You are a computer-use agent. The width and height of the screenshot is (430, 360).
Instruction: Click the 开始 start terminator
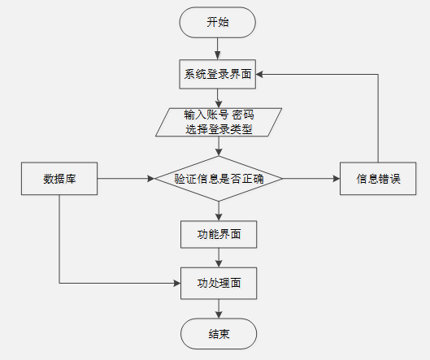[218, 23]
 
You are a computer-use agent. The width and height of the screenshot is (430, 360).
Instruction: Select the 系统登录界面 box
[218, 74]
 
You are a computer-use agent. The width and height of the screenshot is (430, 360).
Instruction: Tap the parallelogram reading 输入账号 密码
[219, 122]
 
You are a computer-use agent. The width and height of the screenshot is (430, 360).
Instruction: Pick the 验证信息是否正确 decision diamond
[219, 179]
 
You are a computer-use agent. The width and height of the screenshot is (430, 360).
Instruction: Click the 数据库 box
[59, 179]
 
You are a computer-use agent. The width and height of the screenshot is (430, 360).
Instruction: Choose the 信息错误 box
[378, 179]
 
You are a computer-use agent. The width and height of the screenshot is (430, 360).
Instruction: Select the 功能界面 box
[219, 234]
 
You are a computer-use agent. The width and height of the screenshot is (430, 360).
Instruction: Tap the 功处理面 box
[219, 284]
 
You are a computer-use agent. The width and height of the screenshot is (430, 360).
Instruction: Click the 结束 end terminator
[219, 334]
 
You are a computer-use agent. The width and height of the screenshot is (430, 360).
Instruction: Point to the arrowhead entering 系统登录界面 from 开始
[218, 56]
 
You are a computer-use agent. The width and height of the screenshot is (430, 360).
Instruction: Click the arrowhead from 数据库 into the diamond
[151, 179]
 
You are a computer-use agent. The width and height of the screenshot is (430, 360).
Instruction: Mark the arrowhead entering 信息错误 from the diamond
[337, 179]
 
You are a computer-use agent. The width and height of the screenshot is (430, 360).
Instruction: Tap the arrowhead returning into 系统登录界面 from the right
[259, 74]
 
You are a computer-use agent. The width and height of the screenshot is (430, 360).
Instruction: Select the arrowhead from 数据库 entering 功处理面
[177, 284]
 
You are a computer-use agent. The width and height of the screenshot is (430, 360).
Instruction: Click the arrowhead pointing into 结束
[219, 314]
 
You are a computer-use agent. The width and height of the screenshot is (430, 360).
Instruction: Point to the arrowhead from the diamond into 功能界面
[219, 217]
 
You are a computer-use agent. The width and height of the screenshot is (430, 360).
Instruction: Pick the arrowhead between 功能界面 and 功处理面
[219, 264]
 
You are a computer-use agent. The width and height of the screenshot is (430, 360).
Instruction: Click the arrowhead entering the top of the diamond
[219, 153]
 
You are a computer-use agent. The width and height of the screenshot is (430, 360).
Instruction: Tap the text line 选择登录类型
[219, 129]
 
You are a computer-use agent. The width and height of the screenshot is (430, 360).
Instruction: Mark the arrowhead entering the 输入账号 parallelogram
[219, 105]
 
